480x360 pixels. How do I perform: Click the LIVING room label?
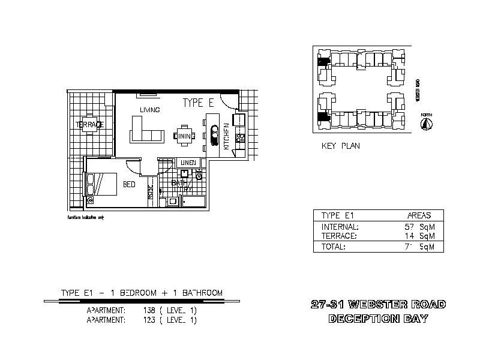[x=149, y=110]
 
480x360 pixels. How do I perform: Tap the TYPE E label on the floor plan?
[x=198, y=103]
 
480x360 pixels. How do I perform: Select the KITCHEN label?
[x=226, y=136]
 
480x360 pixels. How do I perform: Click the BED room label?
[x=129, y=184]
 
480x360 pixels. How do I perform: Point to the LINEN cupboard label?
[x=188, y=163]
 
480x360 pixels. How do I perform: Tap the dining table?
[x=184, y=136]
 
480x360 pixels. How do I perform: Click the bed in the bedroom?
[x=101, y=184]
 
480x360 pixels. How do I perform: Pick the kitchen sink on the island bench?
[x=214, y=132]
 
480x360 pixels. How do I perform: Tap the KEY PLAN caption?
[x=341, y=146]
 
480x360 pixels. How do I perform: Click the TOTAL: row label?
[x=334, y=247]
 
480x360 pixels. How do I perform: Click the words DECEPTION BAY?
[x=378, y=319]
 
